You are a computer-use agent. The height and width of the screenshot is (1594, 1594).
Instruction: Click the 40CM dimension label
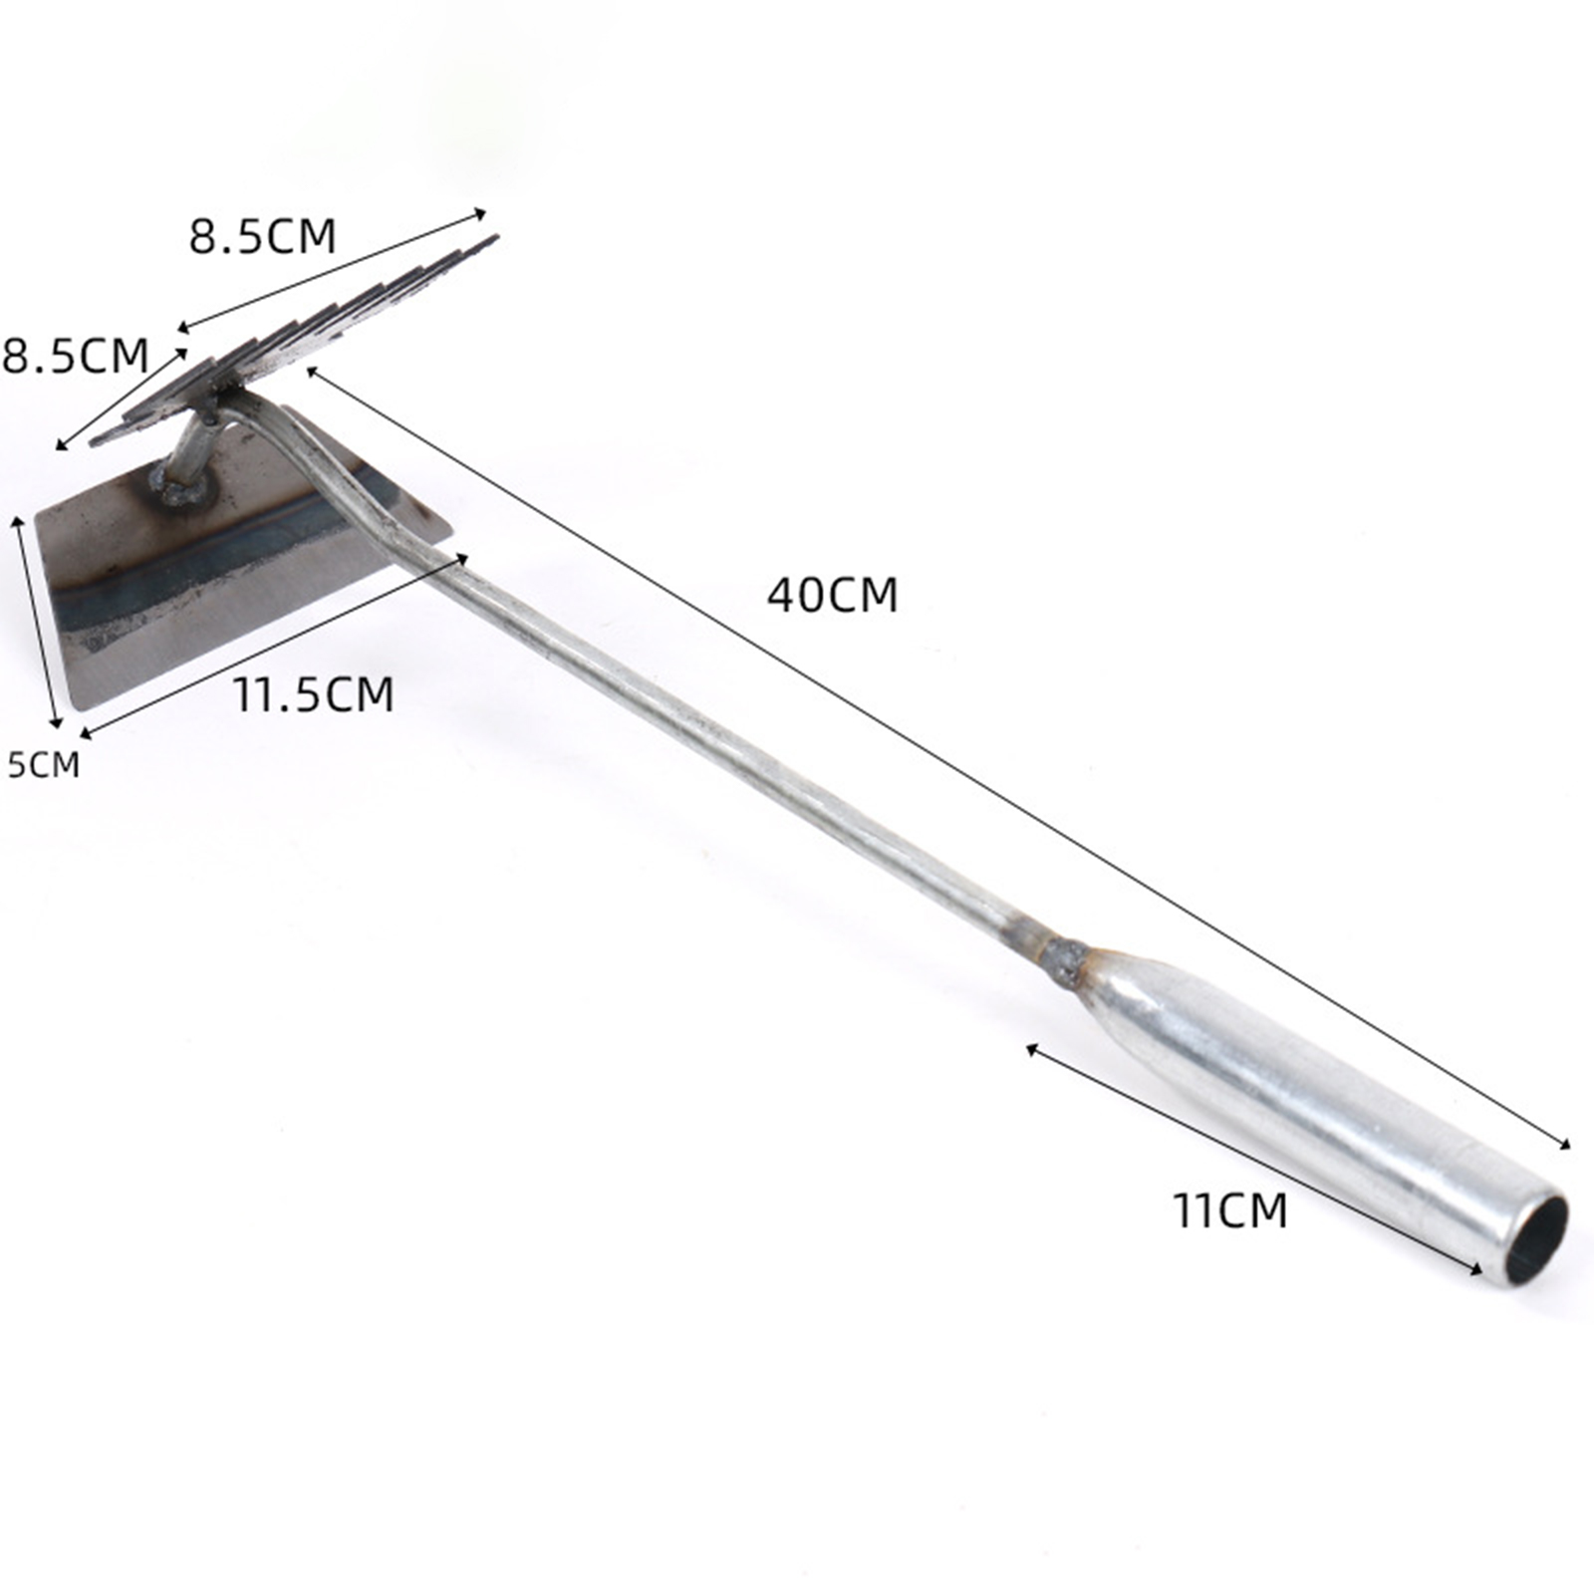click(x=832, y=595)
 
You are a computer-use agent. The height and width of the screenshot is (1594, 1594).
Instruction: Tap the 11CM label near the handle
click(x=1230, y=1210)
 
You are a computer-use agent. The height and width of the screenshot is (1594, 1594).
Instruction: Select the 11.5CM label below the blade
click(x=314, y=693)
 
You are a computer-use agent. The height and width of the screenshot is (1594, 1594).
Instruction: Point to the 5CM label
click(x=43, y=764)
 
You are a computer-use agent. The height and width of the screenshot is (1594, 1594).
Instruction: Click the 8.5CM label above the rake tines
click(x=263, y=236)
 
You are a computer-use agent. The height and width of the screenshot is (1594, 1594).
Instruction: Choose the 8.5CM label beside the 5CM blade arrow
click(x=75, y=355)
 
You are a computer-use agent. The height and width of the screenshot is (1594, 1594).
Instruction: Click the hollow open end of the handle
click(x=1535, y=1238)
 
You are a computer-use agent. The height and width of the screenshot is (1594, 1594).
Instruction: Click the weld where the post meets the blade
click(x=179, y=489)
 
